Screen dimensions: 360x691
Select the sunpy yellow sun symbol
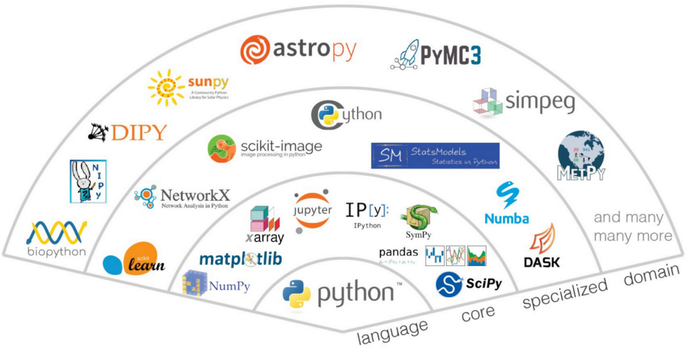click(x=166, y=87)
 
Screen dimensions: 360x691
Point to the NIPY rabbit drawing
click(x=87, y=181)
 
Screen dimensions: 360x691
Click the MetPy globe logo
click(x=580, y=155)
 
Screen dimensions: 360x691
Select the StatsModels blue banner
click(x=435, y=155)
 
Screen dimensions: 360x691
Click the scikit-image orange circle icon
click(x=222, y=149)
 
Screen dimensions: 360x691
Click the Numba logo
click(x=506, y=203)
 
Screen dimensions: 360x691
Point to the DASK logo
click(x=542, y=246)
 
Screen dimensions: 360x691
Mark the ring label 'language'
click(x=393, y=331)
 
